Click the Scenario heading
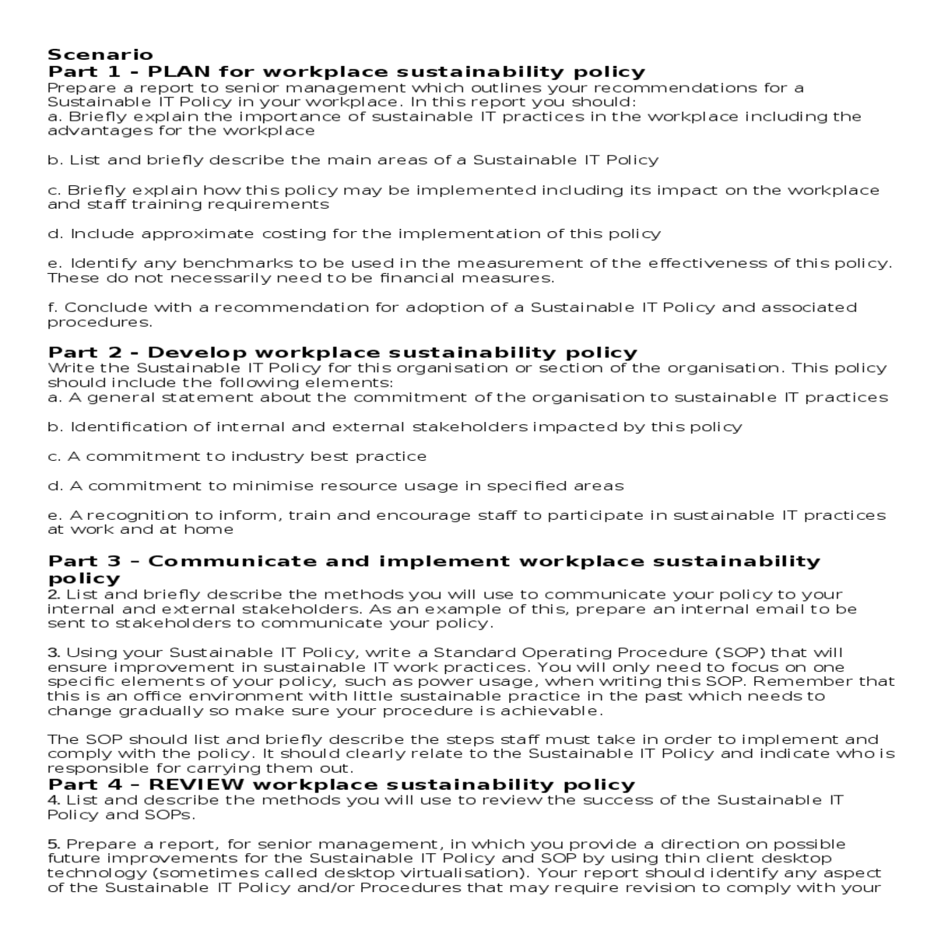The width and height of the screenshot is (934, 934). [x=100, y=54]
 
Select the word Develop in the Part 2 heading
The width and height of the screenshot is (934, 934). [x=197, y=353]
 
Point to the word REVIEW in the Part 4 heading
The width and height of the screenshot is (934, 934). [x=196, y=785]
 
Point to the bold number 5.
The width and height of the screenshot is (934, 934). [x=53, y=844]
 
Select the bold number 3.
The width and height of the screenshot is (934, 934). [x=53, y=652]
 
